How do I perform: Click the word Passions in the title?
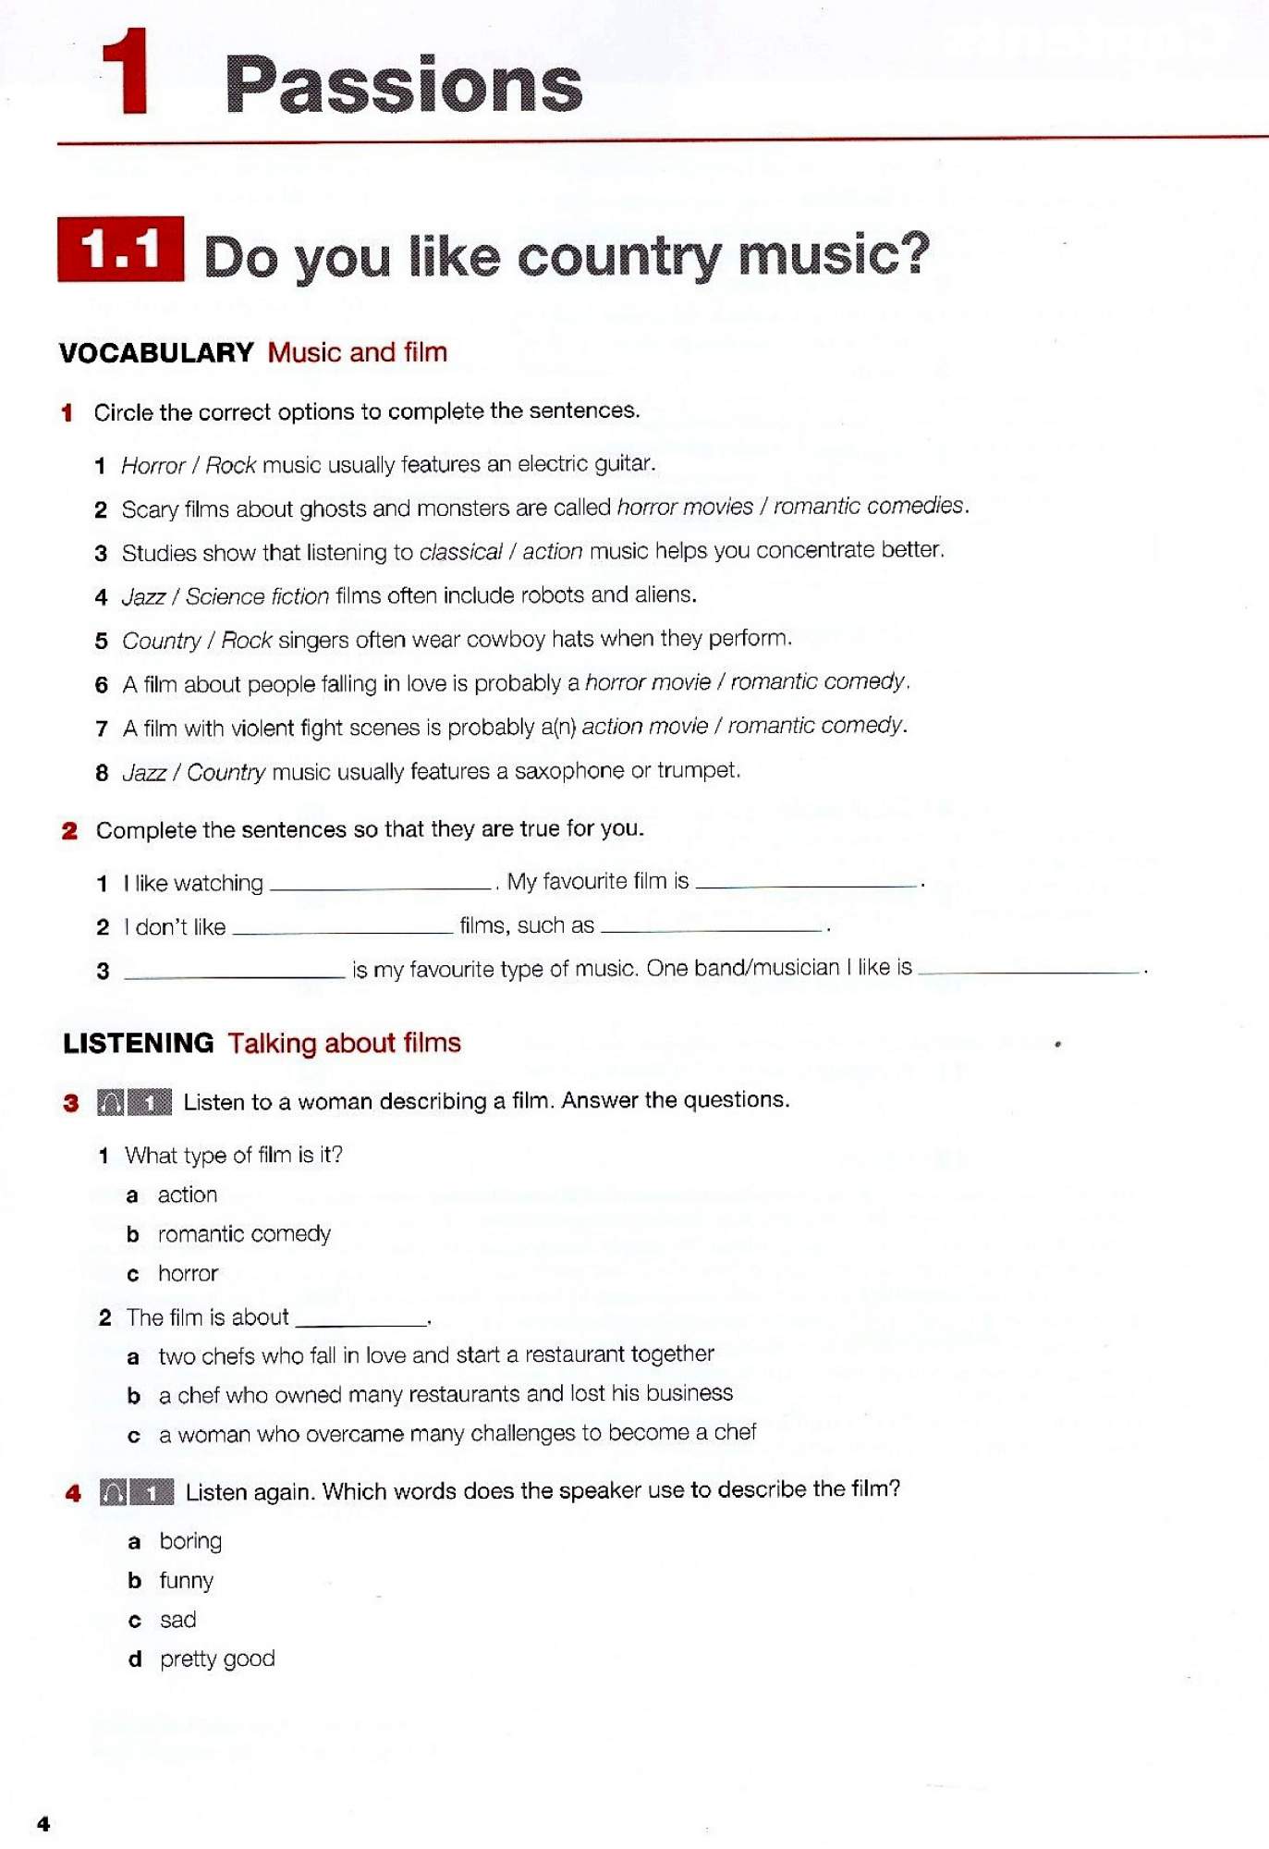pyautogui.click(x=403, y=85)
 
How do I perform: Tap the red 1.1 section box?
pyautogui.click(x=120, y=250)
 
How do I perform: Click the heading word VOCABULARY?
pyautogui.click(x=156, y=352)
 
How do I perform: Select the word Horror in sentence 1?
pyautogui.click(x=153, y=465)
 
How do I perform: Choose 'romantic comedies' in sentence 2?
pyautogui.click(x=869, y=506)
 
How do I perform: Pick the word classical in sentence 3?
pyautogui.click(x=460, y=552)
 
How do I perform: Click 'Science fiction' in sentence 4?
pyautogui.click(x=257, y=596)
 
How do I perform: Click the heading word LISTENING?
pyautogui.click(x=139, y=1043)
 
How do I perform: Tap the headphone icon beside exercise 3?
pyautogui.click(x=111, y=1102)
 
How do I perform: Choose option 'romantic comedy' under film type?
pyautogui.click(x=244, y=1234)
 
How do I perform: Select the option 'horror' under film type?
pyautogui.click(x=188, y=1274)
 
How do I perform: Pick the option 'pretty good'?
pyautogui.click(x=217, y=1659)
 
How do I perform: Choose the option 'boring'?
pyautogui.click(x=190, y=1541)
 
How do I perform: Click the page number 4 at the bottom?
pyautogui.click(x=43, y=1823)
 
